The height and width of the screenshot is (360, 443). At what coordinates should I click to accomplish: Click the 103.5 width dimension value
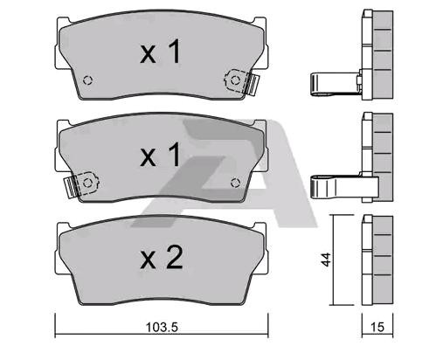(x=162, y=328)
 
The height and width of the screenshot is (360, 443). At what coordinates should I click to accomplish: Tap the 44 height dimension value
(x=326, y=260)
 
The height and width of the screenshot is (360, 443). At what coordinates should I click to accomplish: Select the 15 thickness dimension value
(x=377, y=327)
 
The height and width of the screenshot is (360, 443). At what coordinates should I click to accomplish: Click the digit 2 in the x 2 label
(x=173, y=257)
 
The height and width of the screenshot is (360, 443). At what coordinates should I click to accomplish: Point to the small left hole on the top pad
(x=87, y=80)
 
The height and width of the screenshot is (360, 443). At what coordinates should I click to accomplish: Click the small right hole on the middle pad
(x=235, y=183)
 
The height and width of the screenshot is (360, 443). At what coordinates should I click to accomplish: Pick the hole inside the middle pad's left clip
(x=87, y=183)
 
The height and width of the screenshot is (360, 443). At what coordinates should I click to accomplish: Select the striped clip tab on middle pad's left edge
(x=70, y=188)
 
